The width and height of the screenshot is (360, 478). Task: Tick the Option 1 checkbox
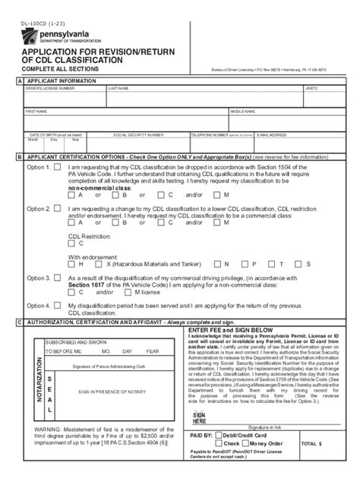coord(57,167)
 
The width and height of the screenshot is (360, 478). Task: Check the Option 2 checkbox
coord(57,206)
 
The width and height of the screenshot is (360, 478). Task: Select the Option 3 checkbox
coord(57,278)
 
